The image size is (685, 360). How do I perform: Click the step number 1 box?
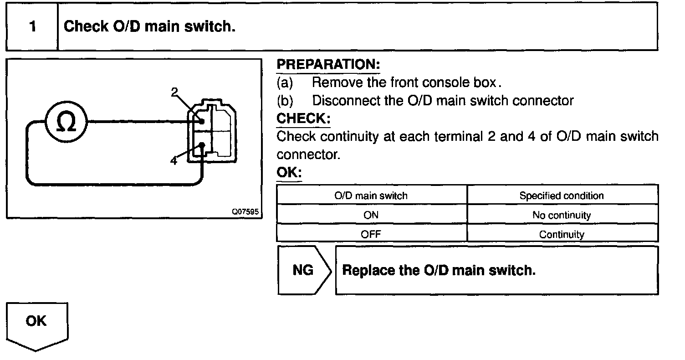(x=32, y=27)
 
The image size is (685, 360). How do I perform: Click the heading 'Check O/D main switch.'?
(x=149, y=27)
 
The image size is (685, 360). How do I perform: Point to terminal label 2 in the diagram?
(x=174, y=92)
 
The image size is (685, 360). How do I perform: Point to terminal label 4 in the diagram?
(x=174, y=161)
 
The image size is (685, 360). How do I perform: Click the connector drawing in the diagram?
(x=213, y=130)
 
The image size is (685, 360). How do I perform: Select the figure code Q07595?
(x=246, y=212)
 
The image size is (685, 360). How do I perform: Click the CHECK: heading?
(x=303, y=118)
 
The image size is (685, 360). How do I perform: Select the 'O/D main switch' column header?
(x=371, y=195)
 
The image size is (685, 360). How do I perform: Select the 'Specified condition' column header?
(x=562, y=195)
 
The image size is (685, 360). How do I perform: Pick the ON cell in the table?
(x=371, y=215)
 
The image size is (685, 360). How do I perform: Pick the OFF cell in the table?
(x=371, y=235)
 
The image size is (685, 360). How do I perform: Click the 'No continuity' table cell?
(x=562, y=215)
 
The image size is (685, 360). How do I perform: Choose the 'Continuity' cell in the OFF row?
(x=562, y=235)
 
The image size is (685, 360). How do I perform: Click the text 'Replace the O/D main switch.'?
(x=439, y=270)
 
